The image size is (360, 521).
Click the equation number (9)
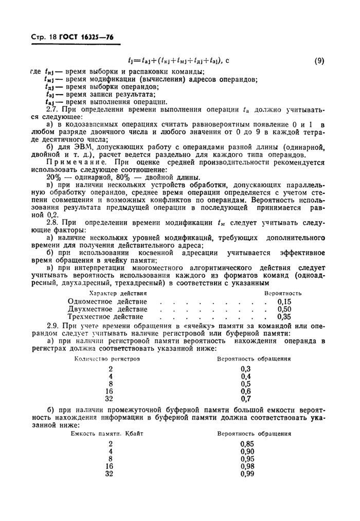click(319, 61)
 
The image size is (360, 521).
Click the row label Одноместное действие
click(107, 301)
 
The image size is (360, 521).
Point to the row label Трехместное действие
click(107, 317)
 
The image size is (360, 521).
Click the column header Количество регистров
click(107, 359)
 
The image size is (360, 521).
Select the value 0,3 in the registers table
click(245, 369)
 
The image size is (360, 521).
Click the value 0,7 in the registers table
click(245, 398)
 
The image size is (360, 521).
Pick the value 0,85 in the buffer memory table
click(247, 444)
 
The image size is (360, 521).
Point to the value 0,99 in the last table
click(247, 474)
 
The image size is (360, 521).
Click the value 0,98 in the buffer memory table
click(247, 466)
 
